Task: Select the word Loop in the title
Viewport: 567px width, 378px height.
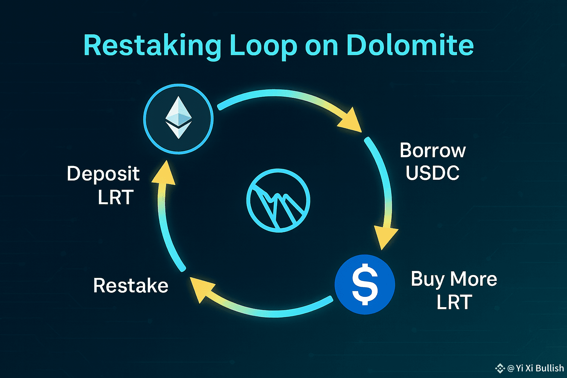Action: (x=263, y=47)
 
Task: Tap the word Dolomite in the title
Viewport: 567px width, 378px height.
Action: (x=410, y=45)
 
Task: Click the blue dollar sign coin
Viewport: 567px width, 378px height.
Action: (x=365, y=284)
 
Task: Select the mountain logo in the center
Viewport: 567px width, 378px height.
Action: (x=278, y=200)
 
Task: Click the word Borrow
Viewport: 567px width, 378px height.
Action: (x=433, y=151)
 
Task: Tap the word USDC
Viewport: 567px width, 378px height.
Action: (x=433, y=173)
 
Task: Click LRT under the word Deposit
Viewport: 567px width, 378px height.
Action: (x=116, y=197)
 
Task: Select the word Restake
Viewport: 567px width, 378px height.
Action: (x=131, y=286)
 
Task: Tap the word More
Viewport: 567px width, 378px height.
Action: (x=474, y=279)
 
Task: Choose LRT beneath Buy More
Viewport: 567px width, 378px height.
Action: (x=454, y=302)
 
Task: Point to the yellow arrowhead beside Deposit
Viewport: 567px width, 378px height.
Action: (x=164, y=173)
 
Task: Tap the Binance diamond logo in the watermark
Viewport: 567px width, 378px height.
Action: (x=500, y=368)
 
